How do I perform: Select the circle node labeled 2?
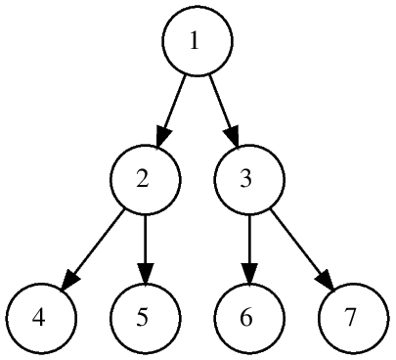[x=145, y=179]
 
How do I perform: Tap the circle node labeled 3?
[x=250, y=179]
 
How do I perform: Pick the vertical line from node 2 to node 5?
[x=145, y=239]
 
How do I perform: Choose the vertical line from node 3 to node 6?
[x=250, y=239]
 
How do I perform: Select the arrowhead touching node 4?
[x=68, y=277]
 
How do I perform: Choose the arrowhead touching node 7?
[x=326, y=277]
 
